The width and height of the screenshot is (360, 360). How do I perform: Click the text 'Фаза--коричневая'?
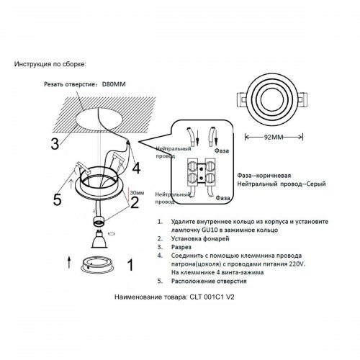[x=264, y=176]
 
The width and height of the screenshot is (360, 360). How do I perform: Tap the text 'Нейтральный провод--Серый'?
[x=277, y=184]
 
